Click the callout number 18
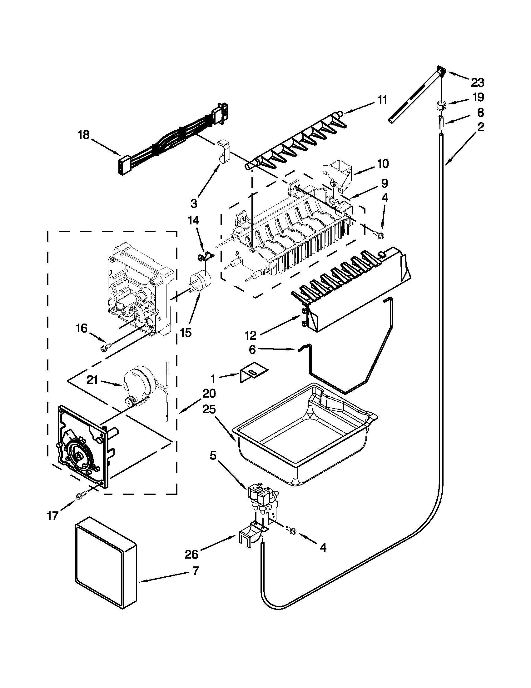click(x=84, y=135)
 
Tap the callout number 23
click(x=477, y=83)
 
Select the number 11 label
click(x=382, y=100)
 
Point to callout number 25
click(x=209, y=409)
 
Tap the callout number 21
click(x=92, y=380)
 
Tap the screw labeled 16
click(x=104, y=348)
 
